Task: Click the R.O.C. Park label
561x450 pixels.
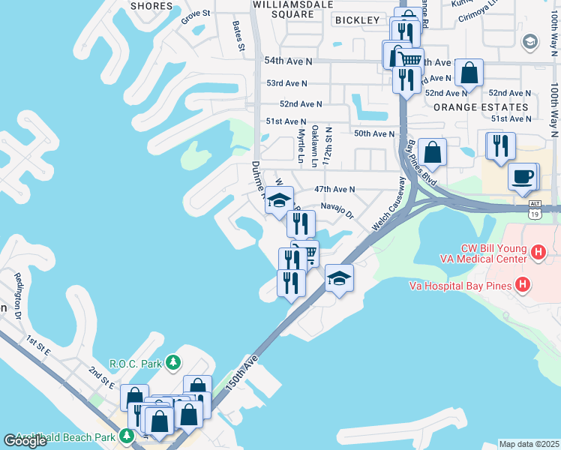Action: point(136,364)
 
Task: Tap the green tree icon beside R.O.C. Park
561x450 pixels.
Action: point(174,364)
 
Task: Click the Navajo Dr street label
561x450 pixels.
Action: point(337,209)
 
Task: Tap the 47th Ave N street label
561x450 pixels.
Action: point(334,190)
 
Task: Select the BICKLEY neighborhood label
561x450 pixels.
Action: point(358,20)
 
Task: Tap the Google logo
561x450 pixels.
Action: point(25,441)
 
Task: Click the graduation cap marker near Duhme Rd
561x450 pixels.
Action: point(279,199)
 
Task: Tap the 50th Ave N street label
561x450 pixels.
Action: point(374,133)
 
